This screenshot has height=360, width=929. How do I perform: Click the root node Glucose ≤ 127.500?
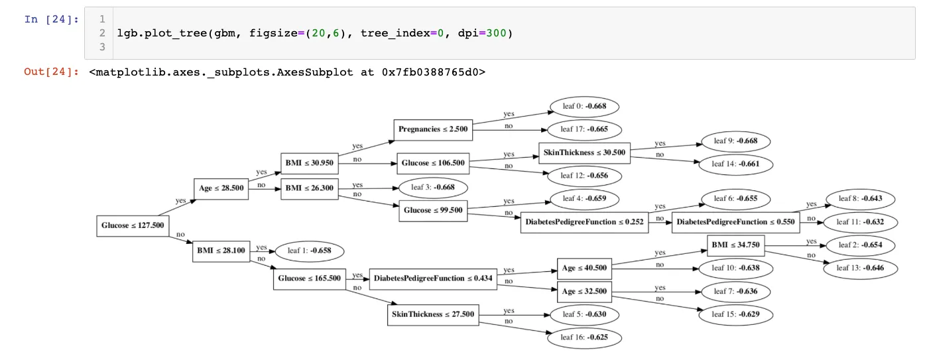click(x=133, y=225)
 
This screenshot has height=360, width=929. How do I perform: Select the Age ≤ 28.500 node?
click(x=221, y=188)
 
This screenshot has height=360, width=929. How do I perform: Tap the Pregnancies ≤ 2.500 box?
click(x=434, y=129)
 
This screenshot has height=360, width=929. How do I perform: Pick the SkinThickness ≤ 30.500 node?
click(x=584, y=152)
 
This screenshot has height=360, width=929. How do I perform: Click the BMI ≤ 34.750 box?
click(x=735, y=245)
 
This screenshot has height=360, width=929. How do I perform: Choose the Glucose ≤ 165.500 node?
click(x=309, y=278)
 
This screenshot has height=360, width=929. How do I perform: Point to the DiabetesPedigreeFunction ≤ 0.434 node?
click(x=433, y=278)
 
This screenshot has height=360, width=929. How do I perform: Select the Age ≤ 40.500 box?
click(x=584, y=268)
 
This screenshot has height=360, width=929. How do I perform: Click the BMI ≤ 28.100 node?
click(x=221, y=251)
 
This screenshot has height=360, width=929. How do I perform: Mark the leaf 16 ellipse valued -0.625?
click(x=585, y=337)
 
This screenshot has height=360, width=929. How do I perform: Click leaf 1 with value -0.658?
click(x=309, y=251)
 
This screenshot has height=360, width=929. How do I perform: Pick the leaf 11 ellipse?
click(x=862, y=222)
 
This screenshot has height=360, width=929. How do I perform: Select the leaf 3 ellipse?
click(x=433, y=188)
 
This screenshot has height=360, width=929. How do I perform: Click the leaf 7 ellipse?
click(x=735, y=291)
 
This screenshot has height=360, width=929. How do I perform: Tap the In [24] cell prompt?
click(x=51, y=19)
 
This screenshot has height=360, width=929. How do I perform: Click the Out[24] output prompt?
click(x=51, y=71)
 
